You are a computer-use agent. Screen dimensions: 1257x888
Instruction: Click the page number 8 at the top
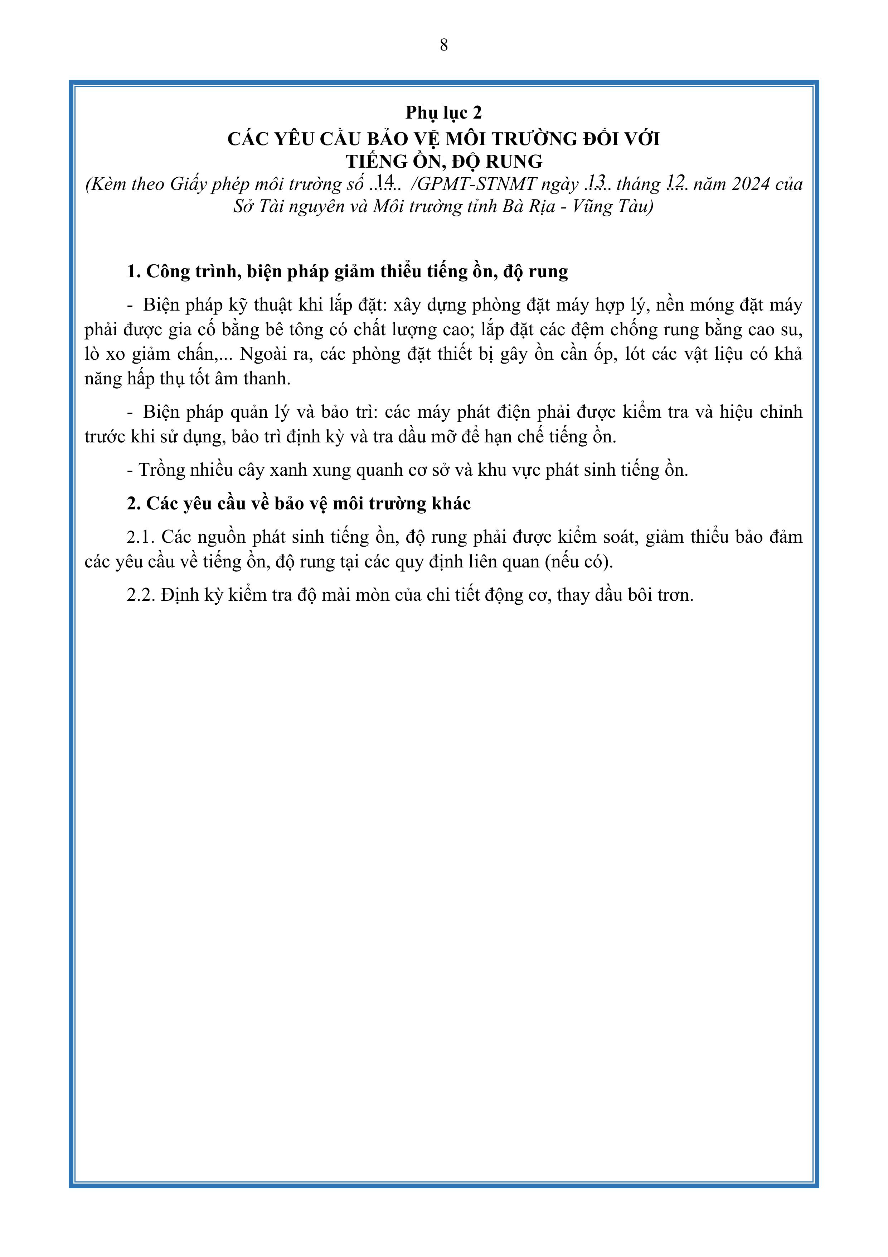click(x=444, y=45)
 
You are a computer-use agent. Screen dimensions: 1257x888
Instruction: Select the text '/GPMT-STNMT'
click(x=473, y=184)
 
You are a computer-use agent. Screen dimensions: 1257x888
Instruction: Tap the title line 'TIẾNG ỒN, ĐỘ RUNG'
click(x=444, y=162)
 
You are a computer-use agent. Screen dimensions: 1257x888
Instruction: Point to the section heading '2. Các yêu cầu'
click(x=299, y=504)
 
